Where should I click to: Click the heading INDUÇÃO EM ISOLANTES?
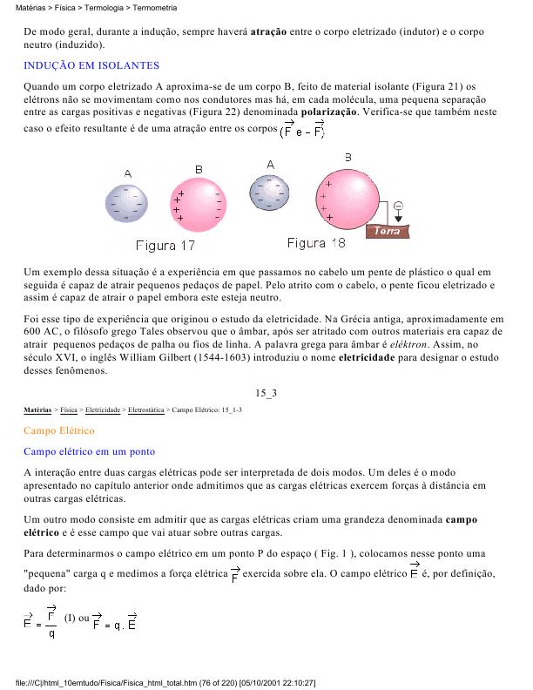coord(91,65)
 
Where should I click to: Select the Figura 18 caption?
coord(315,242)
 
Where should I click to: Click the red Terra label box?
coord(388,231)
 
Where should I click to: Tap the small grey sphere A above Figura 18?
coord(270,192)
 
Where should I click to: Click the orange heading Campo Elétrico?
coord(59,430)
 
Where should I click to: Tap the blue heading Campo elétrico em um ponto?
coord(90,451)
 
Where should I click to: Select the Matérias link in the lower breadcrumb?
coord(37,409)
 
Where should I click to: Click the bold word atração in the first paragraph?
coord(273,31)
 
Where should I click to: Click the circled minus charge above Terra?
coord(399,206)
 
